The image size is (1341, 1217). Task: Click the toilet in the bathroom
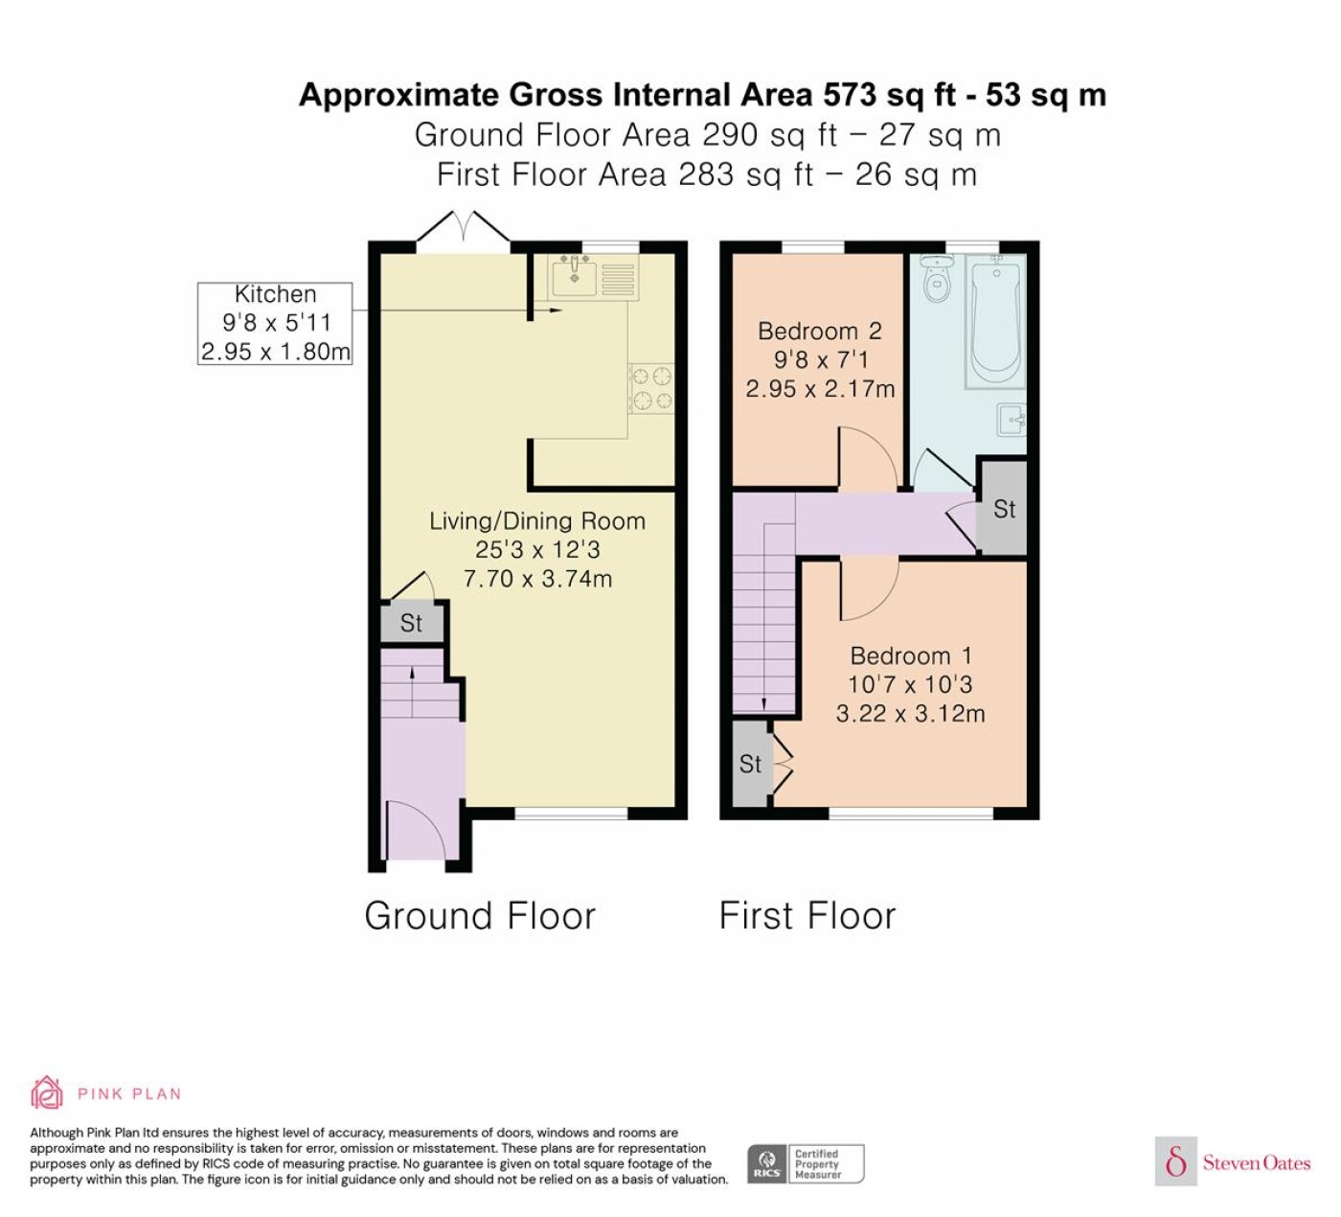[937, 280]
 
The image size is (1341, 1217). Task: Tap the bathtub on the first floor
[995, 321]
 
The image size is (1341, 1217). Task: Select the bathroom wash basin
[1011, 420]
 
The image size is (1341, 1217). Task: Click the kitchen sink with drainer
[593, 277]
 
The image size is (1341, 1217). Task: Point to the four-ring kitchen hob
[650, 389]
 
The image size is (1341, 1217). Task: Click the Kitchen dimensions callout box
[275, 324]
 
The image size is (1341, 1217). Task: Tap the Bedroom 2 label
[820, 332]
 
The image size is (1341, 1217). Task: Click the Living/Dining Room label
[537, 521]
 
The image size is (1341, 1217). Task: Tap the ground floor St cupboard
[412, 623]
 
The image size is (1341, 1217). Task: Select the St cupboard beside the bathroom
[1004, 509]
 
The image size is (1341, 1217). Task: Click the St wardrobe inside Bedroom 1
[751, 764]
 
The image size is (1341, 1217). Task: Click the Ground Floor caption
[480, 916]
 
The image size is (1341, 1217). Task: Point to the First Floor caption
[807, 916]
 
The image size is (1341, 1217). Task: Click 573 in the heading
[850, 94]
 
